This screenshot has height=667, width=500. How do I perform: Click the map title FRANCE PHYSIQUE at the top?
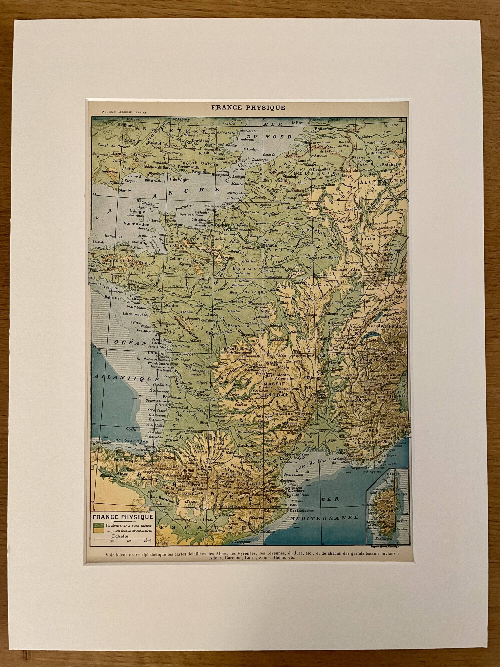click(248, 108)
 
